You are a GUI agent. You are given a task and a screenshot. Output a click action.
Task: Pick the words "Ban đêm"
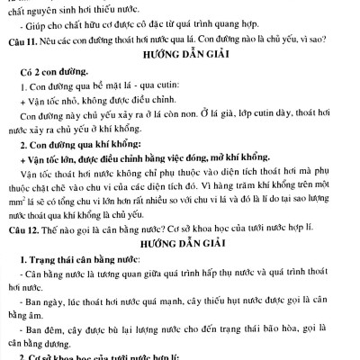[x=54, y=337]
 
